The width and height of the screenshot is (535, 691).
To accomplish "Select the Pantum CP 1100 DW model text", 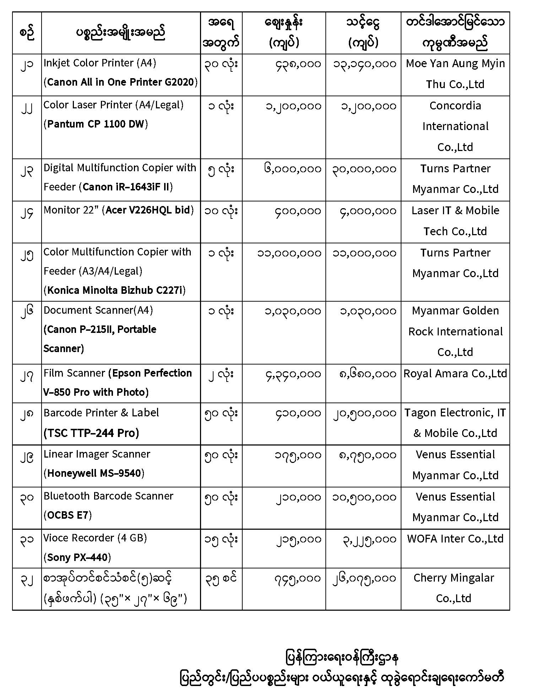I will (x=96, y=124).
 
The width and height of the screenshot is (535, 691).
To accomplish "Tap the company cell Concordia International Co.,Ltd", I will (x=455, y=126).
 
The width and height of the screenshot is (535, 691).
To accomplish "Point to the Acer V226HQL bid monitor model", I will (x=148, y=210).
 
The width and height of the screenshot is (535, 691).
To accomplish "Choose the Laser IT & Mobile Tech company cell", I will (x=455, y=221).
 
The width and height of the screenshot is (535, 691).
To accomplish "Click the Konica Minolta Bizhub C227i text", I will (x=114, y=290).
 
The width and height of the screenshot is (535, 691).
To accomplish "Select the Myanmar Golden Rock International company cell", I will (x=455, y=331).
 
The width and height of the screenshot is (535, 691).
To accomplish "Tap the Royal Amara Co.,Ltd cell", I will (x=455, y=373).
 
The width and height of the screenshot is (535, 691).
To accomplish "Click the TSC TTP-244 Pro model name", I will (x=91, y=433).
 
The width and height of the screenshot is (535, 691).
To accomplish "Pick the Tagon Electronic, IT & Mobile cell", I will (x=455, y=423).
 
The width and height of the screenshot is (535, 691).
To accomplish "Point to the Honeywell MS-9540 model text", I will (x=94, y=473).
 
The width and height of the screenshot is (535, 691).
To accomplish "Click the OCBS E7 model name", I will (x=67, y=515).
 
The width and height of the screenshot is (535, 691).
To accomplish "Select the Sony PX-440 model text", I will (x=77, y=557).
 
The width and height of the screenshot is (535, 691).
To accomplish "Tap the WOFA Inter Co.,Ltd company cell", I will (x=455, y=539).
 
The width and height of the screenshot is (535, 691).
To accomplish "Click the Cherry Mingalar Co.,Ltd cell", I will (x=454, y=588).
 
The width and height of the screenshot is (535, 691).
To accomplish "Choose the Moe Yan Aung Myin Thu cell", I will (x=455, y=74).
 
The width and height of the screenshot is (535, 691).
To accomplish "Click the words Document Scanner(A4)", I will (x=98, y=310).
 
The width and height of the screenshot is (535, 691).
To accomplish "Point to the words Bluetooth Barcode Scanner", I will (x=108, y=496).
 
